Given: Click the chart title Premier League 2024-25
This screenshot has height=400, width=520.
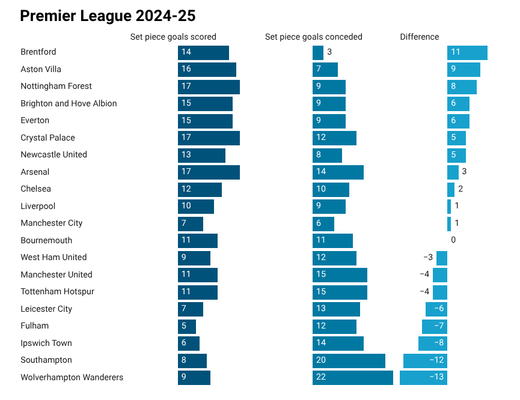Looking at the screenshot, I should tap(108, 16).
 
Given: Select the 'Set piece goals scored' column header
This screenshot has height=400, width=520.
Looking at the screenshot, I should tap(173, 37).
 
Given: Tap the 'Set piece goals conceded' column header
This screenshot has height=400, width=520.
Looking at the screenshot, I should tap(313, 37).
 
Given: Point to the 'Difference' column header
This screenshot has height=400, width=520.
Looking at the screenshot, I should tap(419, 37).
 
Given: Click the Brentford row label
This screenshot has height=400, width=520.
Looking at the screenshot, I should tap(38, 52).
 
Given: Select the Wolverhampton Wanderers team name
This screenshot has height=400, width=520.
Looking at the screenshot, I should tap(72, 378).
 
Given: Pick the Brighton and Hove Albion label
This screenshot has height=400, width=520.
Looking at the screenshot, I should tap(69, 103).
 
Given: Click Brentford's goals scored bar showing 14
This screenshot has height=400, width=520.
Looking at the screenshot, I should tap(203, 52).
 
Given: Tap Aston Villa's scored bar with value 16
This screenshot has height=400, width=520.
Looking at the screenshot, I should tap(207, 70).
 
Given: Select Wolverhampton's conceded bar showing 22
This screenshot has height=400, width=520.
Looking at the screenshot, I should tap(352, 378).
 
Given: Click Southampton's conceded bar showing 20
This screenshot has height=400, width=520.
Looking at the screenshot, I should tap(349, 360).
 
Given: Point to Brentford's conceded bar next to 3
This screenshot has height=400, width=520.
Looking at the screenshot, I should tap(318, 52).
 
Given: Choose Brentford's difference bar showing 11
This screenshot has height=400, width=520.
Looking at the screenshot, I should tap(467, 52).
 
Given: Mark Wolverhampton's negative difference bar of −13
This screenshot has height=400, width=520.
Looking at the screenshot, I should tap(423, 378).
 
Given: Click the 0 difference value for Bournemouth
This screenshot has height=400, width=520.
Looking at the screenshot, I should tap(453, 240).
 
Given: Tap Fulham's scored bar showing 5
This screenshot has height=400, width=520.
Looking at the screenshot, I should tap(187, 326).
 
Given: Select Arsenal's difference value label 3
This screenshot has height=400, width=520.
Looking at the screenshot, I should tap(464, 172).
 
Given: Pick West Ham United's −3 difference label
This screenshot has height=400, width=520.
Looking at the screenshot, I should tap(428, 258).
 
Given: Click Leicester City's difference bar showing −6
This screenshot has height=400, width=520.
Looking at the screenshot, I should tap(436, 309).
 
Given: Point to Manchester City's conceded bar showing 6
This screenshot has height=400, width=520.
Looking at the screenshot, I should tap(323, 223).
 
